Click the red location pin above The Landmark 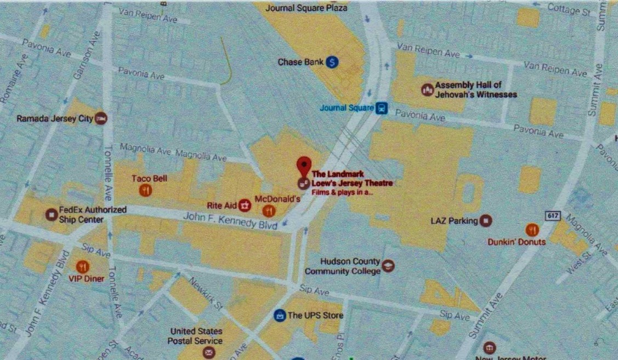pyautogui.click(x=303, y=164)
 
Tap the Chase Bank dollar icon pyautogui.click(x=332, y=62)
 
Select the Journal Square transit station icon pyautogui.click(x=382, y=108)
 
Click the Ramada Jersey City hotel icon pyautogui.click(x=101, y=118)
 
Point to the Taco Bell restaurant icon pyautogui.click(x=145, y=190)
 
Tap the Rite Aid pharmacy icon pyautogui.click(x=245, y=205)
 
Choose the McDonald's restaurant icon pyautogui.click(x=269, y=210)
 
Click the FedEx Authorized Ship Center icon pyautogui.click(x=51, y=214)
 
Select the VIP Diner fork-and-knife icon pyautogui.click(x=82, y=267)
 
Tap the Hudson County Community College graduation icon pyautogui.click(x=388, y=266)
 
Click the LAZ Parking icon pyautogui.click(x=485, y=221)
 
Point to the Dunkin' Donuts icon pyautogui.click(x=531, y=230)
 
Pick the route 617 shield pyautogui.click(x=553, y=215)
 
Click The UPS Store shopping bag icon pyautogui.click(x=280, y=315)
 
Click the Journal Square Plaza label pyautogui.click(x=306, y=8)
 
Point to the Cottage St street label pyautogui.click(x=570, y=9)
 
